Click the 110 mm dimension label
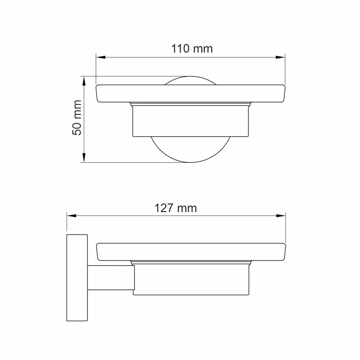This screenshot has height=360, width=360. [x=192, y=49]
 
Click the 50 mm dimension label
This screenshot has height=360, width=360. [x=77, y=117]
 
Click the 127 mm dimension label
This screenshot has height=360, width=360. [x=175, y=208]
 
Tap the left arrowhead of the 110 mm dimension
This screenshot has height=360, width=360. [x=100, y=57]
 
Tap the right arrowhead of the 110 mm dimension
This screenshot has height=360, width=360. [x=280, y=57]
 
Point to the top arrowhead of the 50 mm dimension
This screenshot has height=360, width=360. [x=84, y=81]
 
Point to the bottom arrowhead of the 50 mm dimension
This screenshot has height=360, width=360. [x=84, y=158]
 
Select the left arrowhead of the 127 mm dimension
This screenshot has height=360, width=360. [x=72, y=216]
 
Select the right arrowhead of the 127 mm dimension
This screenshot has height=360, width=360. [x=281, y=216]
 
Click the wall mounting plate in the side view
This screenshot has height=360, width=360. [x=77, y=278]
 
